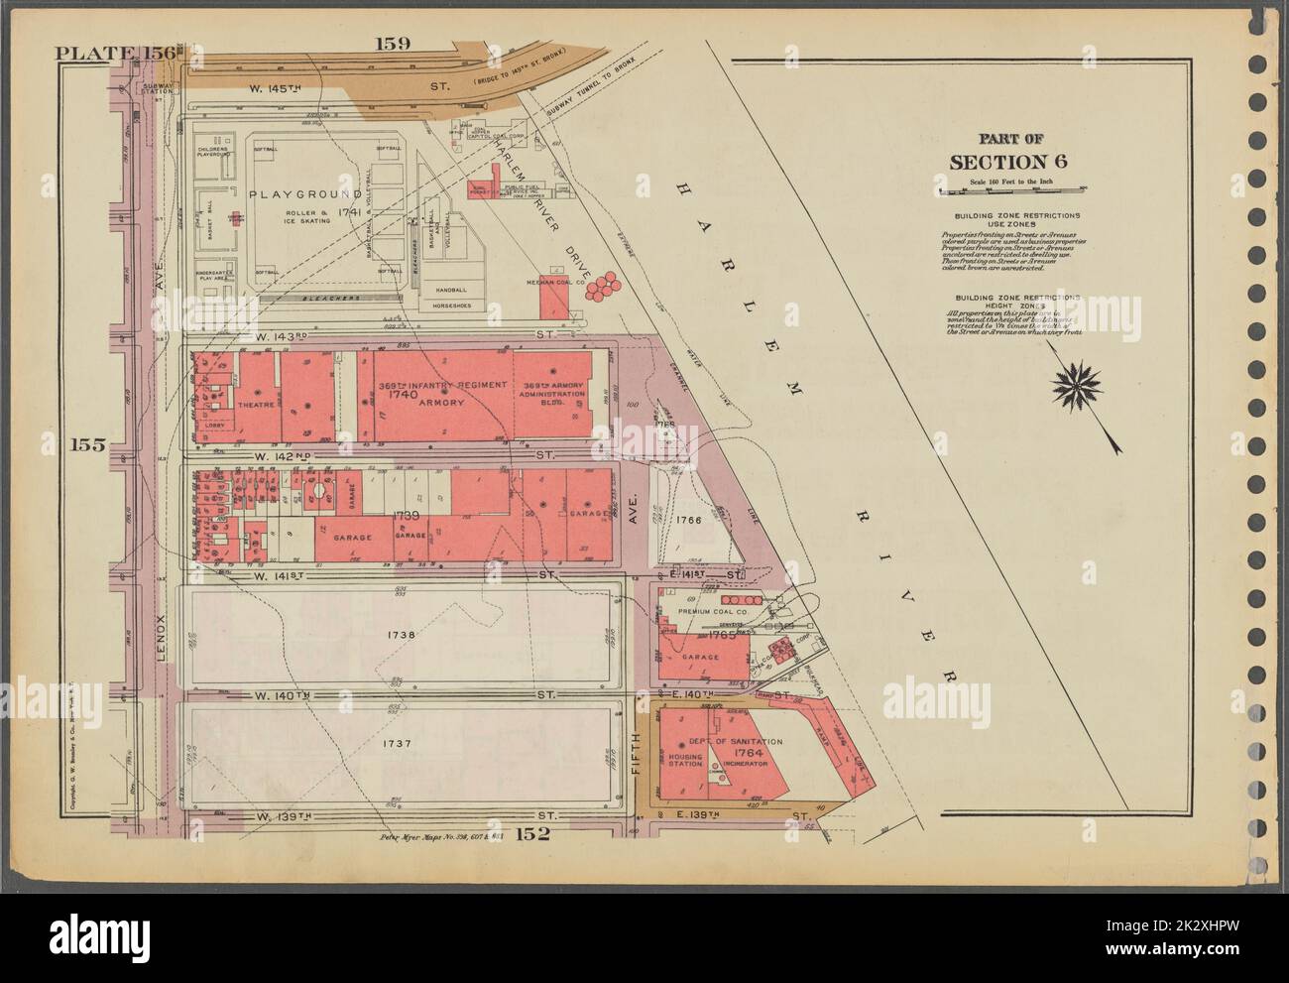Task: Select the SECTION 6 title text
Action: [1012, 163]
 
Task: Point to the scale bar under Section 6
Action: [1012, 185]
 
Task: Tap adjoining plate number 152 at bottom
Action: [531, 833]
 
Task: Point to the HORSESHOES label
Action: [455, 307]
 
